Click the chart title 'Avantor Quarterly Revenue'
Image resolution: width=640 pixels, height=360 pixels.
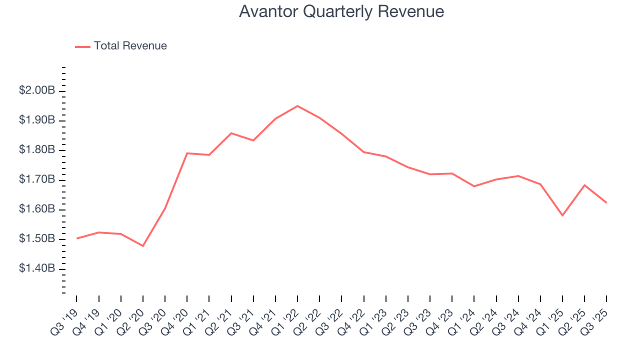point(341,11)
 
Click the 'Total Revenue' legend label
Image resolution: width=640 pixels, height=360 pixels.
point(130,46)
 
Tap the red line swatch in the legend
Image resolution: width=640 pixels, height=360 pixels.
point(82,46)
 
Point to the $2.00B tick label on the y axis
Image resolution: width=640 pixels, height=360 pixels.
point(37,91)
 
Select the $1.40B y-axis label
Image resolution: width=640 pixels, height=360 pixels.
point(37,269)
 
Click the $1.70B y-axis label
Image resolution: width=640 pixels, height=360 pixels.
point(37,180)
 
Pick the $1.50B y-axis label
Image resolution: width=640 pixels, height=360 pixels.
point(37,239)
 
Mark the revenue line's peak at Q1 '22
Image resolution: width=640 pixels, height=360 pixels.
point(297,106)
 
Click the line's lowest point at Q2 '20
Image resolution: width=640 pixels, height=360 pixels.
point(143,246)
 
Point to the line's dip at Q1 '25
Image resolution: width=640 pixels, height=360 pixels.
point(562,215)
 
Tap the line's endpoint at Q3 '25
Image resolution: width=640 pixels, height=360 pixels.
point(606,202)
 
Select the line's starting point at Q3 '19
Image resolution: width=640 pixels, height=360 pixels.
point(77,238)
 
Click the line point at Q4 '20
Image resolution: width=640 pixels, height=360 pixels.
point(187,153)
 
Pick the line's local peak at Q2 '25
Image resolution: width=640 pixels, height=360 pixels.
point(584,185)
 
